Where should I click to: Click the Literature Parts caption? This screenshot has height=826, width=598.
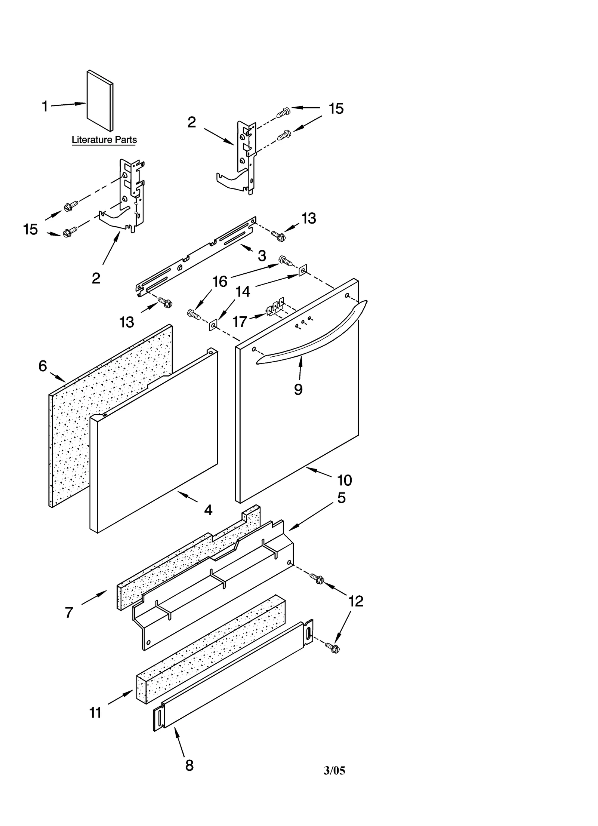pyautogui.click(x=104, y=140)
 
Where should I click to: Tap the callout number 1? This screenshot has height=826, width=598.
pyautogui.click(x=45, y=107)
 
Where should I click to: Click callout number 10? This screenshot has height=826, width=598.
pyautogui.click(x=344, y=480)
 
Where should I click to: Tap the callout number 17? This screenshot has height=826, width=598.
pyautogui.click(x=240, y=321)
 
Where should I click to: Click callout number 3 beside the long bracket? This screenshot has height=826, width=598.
pyautogui.click(x=262, y=256)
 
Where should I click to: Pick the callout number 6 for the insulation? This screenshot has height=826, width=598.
pyautogui.click(x=43, y=366)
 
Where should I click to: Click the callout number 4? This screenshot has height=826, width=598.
pyautogui.click(x=208, y=510)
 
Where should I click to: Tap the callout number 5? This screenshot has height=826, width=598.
pyautogui.click(x=341, y=498)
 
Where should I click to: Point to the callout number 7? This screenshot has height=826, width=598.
pyautogui.click(x=69, y=612)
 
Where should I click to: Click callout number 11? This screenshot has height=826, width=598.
pyautogui.click(x=96, y=713)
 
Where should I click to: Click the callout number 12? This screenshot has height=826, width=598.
pyautogui.click(x=355, y=601)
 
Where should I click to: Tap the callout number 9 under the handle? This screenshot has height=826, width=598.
pyautogui.click(x=298, y=390)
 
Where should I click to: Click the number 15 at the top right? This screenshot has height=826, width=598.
pyautogui.click(x=336, y=109)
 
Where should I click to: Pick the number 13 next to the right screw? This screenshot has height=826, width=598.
pyautogui.click(x=309, y=218)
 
